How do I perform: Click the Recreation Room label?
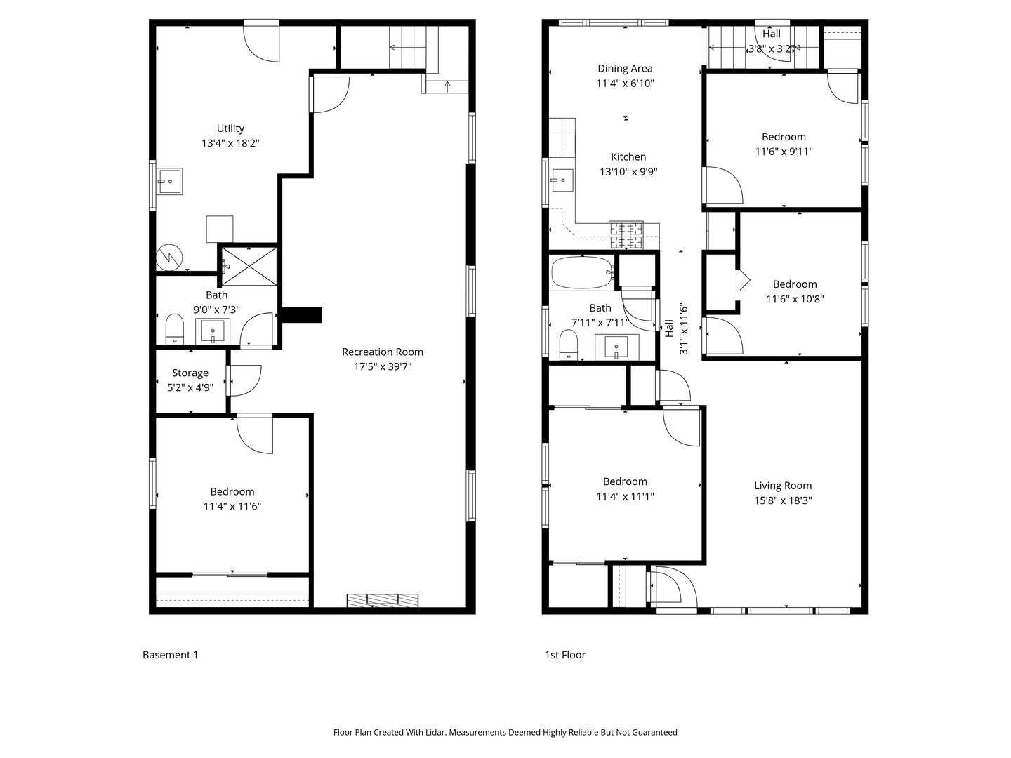pyautogui.click(x=383, y=352)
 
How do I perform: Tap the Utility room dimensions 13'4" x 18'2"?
pyautogui.click(x=230, y=143)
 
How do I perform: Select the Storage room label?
pyautogui.click(x=190, y=373)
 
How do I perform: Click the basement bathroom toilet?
pyautogui.click(x=175, y=328)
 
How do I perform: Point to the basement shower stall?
pyautogui.click(x=249, y=267)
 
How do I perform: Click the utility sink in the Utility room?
pyautogui.click(x=170, y=181)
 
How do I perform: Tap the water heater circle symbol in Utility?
pyautogui.click(x=169, y=258)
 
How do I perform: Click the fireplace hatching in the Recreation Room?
pyautogui.click(x=383, y=600)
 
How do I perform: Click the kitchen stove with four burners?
pyautogui.click(x=626, y=235)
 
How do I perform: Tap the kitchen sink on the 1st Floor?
pyautogui.click(x=562, y=180)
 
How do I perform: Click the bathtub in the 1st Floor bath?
pyautogui.click(x=582, y=272)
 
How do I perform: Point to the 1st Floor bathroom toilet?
pyautogui.click(x=569, y=345)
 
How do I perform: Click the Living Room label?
pyautogui.click(x=783, y=486)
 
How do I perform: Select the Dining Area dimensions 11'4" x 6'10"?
pyautogui.click(x=625, y=84)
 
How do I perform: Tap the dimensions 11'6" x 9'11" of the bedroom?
pyautogui.click(x=784, y=152)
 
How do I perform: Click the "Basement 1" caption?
pyautogui.click(x=171, y=655)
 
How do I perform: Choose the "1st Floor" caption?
pyautogui.click(x=565, y=655)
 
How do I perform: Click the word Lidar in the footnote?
pyautogui.click(x=435, y=732)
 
